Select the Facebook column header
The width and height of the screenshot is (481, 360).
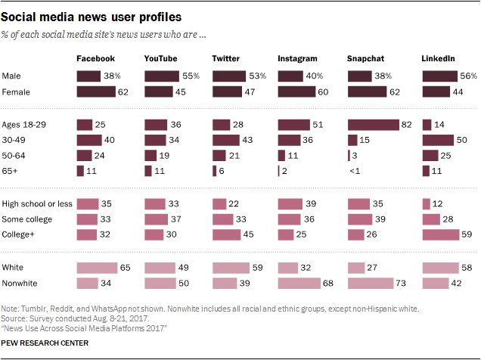[x=95, y=58]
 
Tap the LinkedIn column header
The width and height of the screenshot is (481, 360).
[x=439, y=58]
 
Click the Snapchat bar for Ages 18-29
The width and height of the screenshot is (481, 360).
[x=373, y=124]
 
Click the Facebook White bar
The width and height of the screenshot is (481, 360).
[x=97, y=267]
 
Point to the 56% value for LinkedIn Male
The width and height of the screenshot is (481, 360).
[x=470, y=76]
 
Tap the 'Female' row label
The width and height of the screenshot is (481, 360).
[x=16, y=92]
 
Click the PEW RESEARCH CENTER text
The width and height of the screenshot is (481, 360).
[x=45, y=343]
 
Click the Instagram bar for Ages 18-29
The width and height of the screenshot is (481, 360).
[x=294, y=124]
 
